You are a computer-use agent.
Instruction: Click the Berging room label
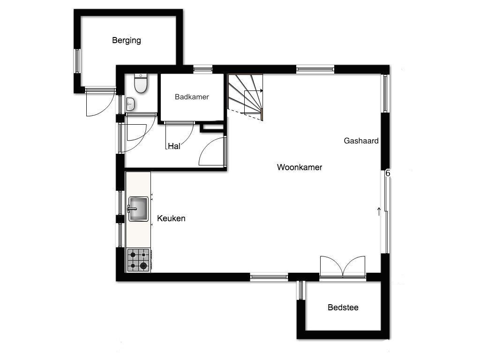(x=127, y=41)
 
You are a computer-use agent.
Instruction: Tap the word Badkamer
(x=192, y=97)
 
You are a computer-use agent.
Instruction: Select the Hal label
(x=174, y=146)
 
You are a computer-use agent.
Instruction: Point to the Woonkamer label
(x=300, y=167)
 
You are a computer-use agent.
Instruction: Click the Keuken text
(x=171, y=218)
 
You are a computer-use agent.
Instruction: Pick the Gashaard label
(x=361, y=141)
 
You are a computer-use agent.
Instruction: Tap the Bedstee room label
(x=343, y=307)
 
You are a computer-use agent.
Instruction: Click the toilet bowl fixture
(x=141, y=83)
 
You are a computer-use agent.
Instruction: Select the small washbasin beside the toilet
(x=130, y=104)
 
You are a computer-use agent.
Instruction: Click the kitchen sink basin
(x=138, y=209)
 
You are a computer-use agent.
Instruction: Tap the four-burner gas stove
(x=138, y=260)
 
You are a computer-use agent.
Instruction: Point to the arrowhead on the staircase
(x=261, y=90)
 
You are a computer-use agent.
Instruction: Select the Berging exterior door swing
(x=100, y=103)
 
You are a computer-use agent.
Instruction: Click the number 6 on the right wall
(x=388, y=173)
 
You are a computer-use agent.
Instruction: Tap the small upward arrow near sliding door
(x=379, y=211)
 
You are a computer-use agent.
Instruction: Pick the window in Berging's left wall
(x=77, y=61)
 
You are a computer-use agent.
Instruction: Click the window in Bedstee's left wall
(x=301, y=290)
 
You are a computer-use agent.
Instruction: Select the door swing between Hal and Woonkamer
(x=211, y=151)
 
